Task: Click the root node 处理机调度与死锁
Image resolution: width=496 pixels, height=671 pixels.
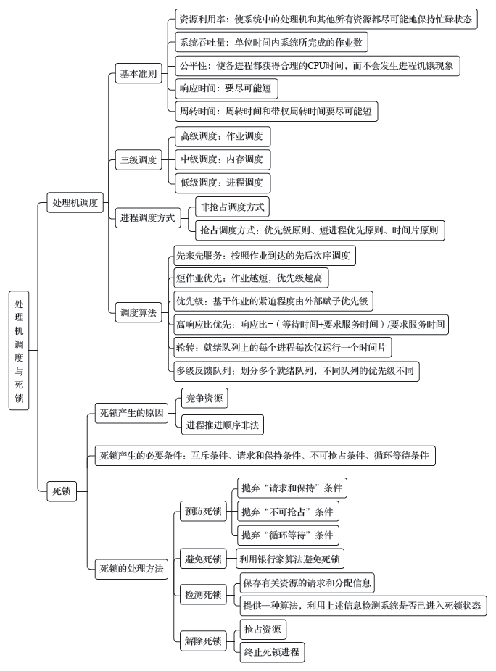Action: (x=19, y=351)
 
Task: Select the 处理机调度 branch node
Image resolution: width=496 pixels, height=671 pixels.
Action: (x=75, y=202)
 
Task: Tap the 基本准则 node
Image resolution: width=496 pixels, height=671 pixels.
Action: (x=139, y=73)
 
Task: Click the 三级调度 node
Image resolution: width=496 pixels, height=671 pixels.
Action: (x=139, y=159)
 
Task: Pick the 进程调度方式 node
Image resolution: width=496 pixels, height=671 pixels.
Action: (x=148, y=218)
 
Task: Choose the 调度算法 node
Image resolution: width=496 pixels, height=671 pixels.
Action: (x=139, y=312)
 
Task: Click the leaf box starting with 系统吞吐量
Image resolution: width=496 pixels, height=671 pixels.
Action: (x=271, y=42)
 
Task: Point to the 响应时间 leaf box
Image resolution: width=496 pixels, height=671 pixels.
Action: (x=226, y=88)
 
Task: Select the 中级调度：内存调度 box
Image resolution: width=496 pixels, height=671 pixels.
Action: (x=223, y=159)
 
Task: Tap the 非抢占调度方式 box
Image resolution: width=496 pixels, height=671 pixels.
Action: (x=232, y=207)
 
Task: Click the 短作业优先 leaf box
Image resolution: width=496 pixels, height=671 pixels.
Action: (x=251, y=278)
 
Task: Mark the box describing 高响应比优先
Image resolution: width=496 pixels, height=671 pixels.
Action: (x=311, y=325)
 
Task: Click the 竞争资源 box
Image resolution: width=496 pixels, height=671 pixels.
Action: (x=204, y=399)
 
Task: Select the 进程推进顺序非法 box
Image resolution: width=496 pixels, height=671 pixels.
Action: (x=223, y=425)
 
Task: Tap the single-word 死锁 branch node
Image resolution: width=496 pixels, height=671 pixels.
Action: (x=62, y=491)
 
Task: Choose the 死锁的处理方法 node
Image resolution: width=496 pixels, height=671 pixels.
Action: (x=131, y=569)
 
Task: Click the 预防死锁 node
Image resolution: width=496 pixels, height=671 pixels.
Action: (x=203, y=511)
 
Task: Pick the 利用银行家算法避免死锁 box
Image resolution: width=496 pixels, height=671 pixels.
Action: (x=290, y=559)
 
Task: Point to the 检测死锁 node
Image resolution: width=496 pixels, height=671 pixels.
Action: (x=203, y=594)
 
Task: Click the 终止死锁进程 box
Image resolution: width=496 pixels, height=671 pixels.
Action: (x=272, y=652)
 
